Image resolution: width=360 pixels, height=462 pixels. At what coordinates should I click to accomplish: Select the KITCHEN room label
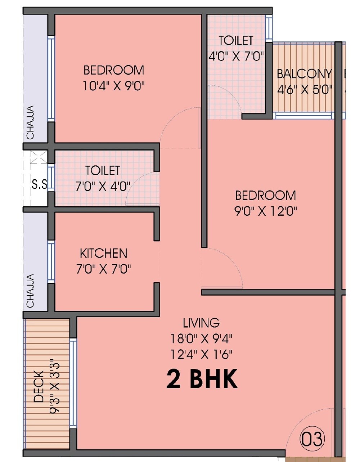(103, 254)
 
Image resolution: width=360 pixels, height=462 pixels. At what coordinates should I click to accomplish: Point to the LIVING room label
(201, 323)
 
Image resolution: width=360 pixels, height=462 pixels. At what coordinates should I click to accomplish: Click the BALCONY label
(304, 74)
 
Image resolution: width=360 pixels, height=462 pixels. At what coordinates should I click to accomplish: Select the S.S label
(39, 185)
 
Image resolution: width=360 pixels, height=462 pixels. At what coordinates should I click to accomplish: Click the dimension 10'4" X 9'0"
(113, 86)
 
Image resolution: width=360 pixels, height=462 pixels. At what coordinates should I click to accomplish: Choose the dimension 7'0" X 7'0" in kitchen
(103, 269)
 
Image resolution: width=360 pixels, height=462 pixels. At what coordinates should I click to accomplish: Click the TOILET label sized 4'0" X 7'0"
(236, 40)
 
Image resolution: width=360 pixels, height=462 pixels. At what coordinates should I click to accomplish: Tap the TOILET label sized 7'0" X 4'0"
(103, 170)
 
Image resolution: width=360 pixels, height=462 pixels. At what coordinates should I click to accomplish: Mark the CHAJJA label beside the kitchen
(31, 291)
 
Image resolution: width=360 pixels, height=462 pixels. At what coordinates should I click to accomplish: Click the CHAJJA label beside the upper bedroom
(31, 122)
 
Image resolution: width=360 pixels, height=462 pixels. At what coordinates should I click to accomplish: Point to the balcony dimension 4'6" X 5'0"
(305, 89)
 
